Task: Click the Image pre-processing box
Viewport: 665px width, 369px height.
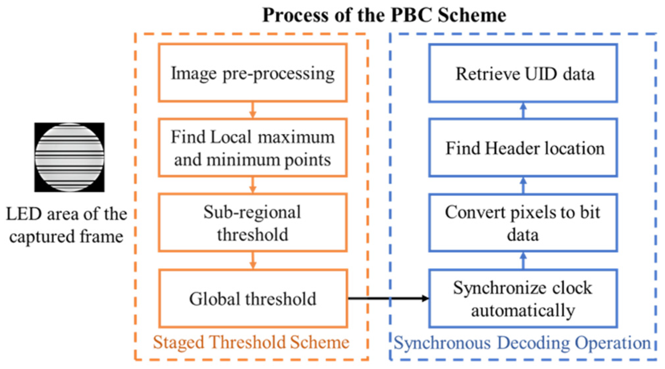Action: coord(252,73)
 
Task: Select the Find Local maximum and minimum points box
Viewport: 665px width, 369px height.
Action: coord(252,148)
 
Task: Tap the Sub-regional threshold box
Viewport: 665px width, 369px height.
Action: coord(252,223)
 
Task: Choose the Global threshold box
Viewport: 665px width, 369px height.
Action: coord(252,299)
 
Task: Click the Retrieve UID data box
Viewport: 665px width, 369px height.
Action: coord(523,73)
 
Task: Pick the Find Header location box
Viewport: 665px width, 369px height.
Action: coord(523,148)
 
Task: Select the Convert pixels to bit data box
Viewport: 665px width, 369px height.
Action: coord(523,223)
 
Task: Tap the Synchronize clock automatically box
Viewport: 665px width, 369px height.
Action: coord(523,299)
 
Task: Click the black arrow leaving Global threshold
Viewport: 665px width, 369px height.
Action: coord(388,298)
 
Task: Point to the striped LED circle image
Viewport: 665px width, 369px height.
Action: coord(69,157)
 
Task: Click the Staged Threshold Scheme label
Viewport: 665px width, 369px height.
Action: coord(251,342)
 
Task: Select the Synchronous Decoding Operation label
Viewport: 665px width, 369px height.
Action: coord(522,343)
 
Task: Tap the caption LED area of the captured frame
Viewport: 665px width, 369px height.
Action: coord(66,225)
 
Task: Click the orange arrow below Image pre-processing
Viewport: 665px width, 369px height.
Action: coord(253,110)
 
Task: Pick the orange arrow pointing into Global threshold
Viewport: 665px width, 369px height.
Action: coord(253,261)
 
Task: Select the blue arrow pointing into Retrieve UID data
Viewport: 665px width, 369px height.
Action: coord(523,110)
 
